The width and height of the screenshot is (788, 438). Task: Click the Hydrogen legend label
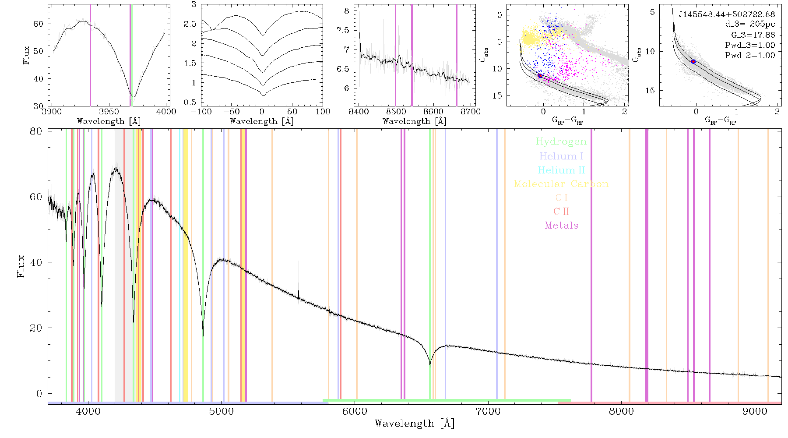pos(561,142)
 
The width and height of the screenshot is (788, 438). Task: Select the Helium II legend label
pos(561,170)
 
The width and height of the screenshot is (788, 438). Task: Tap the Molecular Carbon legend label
pos(561,184)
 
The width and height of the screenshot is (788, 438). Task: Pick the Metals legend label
pos(562,226)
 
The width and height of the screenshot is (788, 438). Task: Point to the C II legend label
pos(561,212)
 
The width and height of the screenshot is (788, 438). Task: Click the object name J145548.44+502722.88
pos(727,14)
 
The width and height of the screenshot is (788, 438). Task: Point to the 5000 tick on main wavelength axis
pos(222,411)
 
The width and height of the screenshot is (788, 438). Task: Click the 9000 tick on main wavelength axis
pos(755,411)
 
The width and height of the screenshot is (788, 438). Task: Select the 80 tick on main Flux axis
pos(36,131)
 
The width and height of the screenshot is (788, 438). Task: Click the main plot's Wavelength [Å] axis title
pos(415,424)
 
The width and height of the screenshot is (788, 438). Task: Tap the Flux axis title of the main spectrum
pos(21,266)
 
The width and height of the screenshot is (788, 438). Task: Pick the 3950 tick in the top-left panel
pos(109,112)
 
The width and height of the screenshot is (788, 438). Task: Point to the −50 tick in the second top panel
pos(232,112)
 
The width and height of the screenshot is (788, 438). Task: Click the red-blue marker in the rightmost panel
pos(693,62)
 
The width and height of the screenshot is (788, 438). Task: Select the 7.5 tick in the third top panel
pos(343,30)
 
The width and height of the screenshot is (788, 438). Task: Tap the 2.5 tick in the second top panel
pos(190,24)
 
